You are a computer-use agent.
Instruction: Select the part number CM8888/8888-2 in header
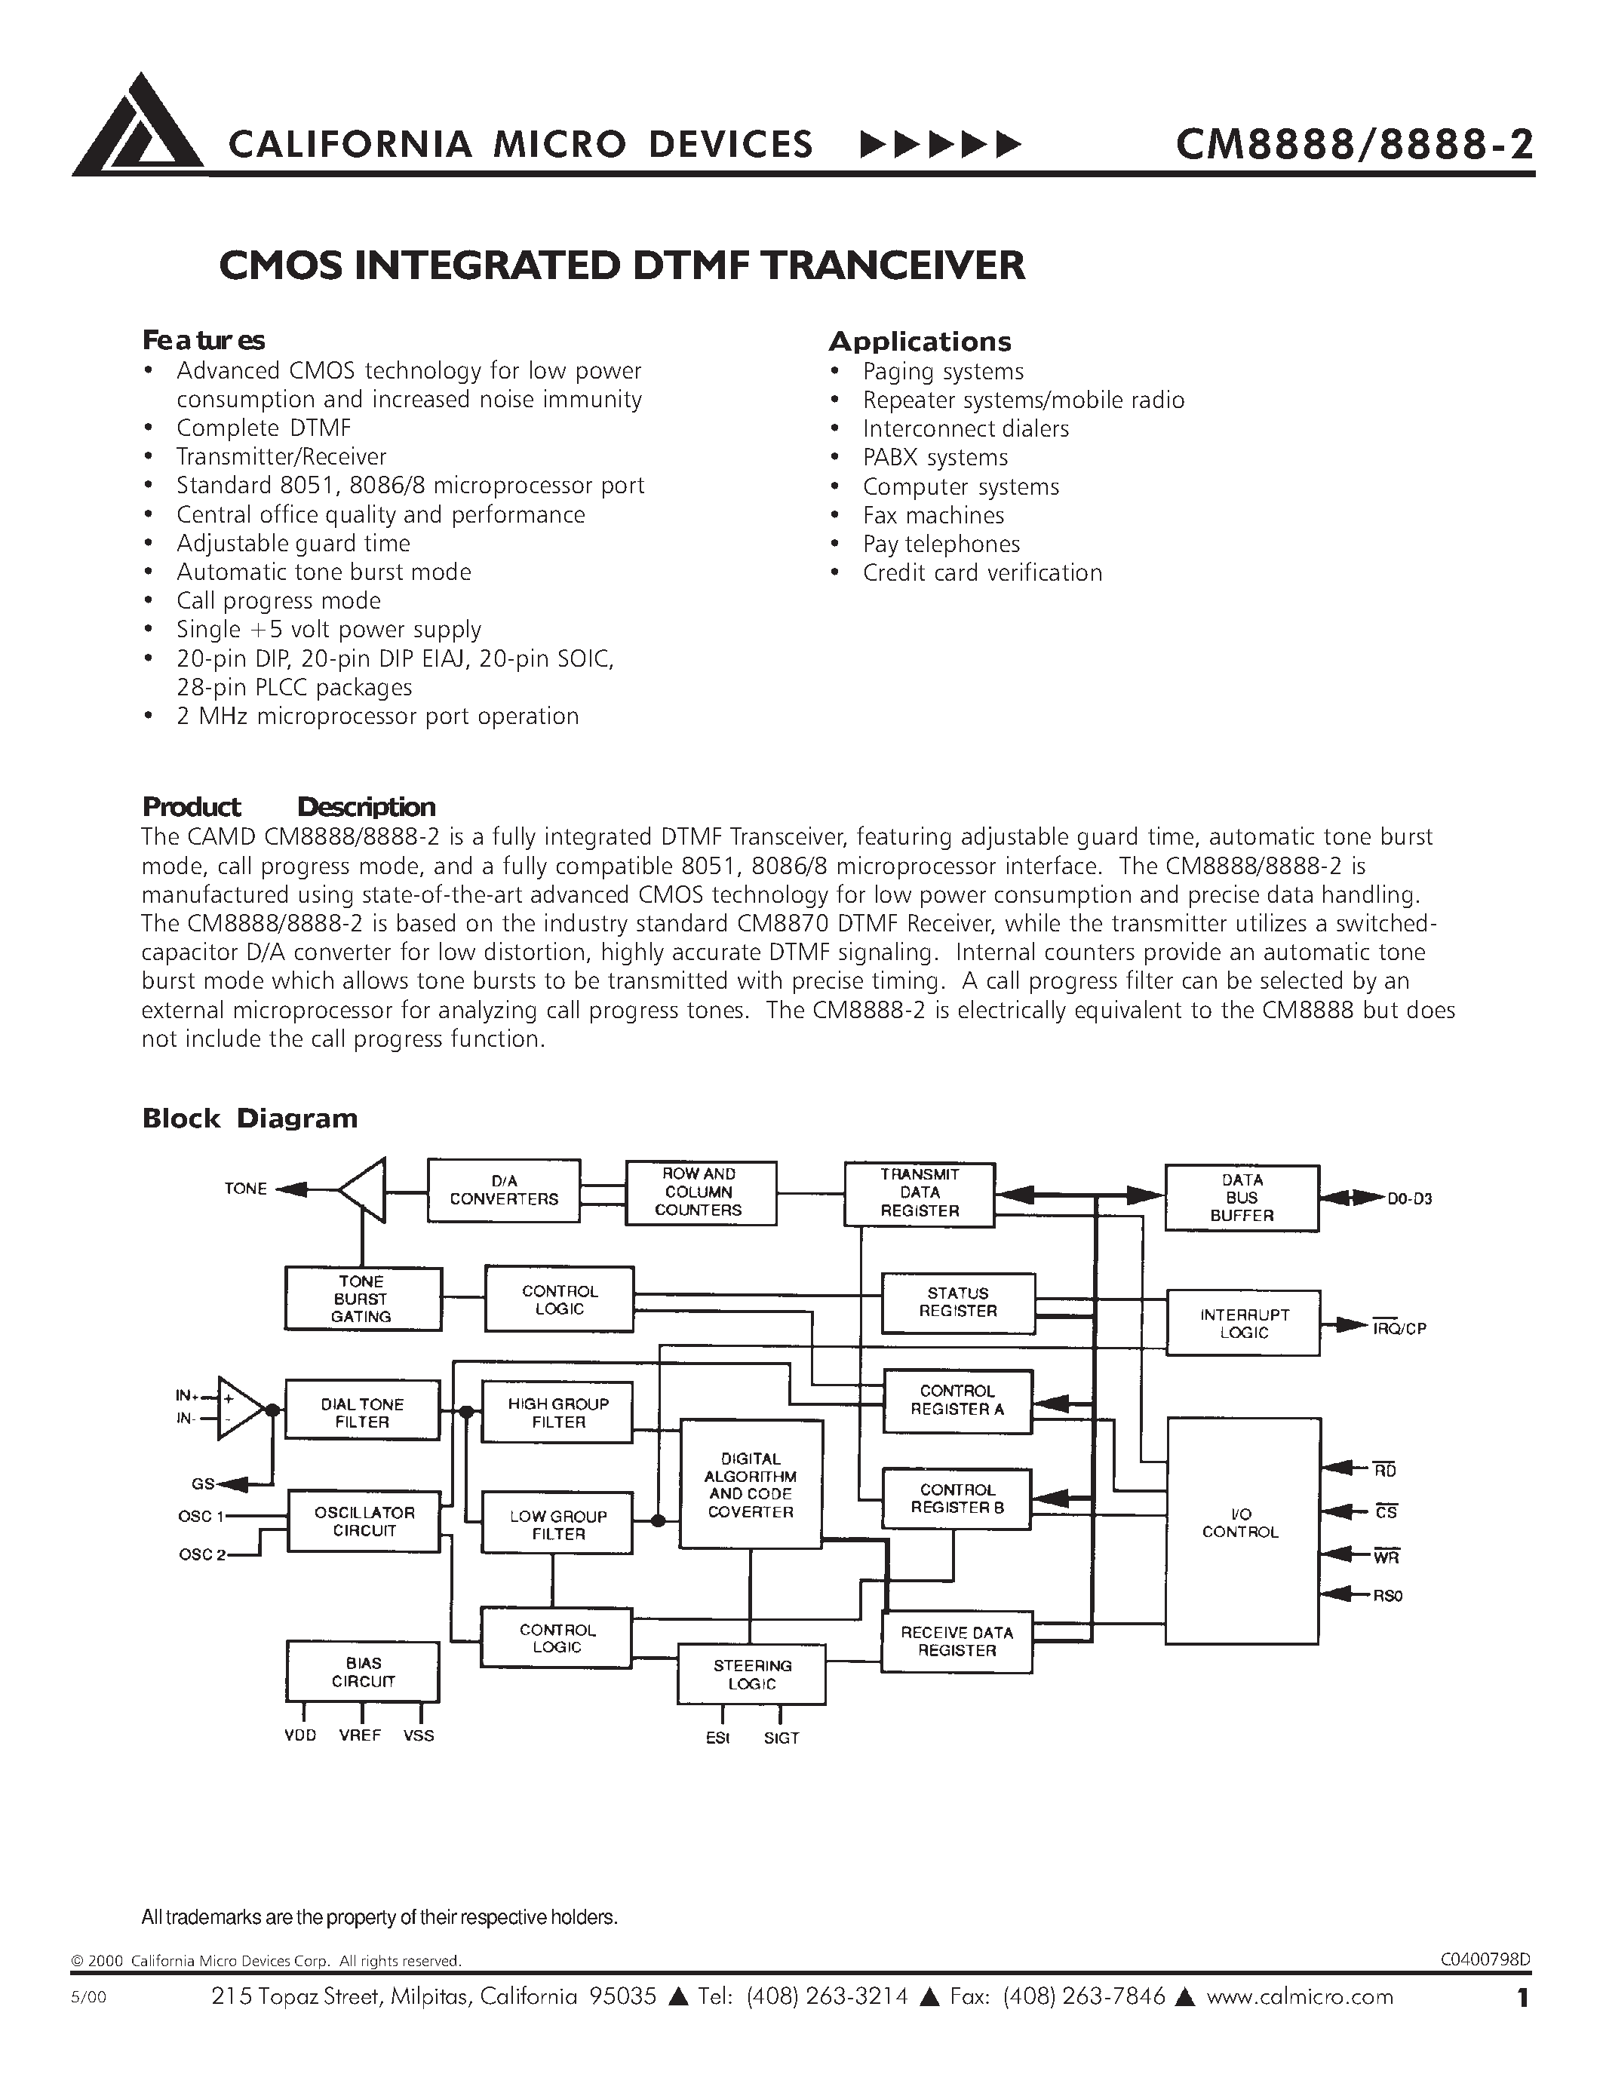tap(1353, 144)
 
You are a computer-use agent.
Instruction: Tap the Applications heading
tap(920, 342)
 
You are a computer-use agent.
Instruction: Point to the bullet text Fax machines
tap(932, 516)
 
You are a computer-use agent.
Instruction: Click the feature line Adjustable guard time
tap(293, 543)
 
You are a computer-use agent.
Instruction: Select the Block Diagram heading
tap(250, 1118)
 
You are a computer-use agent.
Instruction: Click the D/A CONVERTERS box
tap(503, 1191)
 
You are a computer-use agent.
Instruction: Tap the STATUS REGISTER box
tap(957, 1302)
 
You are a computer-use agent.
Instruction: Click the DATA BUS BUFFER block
tap(1241, 1198)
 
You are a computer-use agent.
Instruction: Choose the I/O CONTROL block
tap(1241, 1523)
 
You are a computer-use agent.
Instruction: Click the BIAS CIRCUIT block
tap(362, 1672)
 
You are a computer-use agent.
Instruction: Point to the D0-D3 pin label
tap(1408, 1199)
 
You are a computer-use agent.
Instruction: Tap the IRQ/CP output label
tap(1399, 1329)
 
